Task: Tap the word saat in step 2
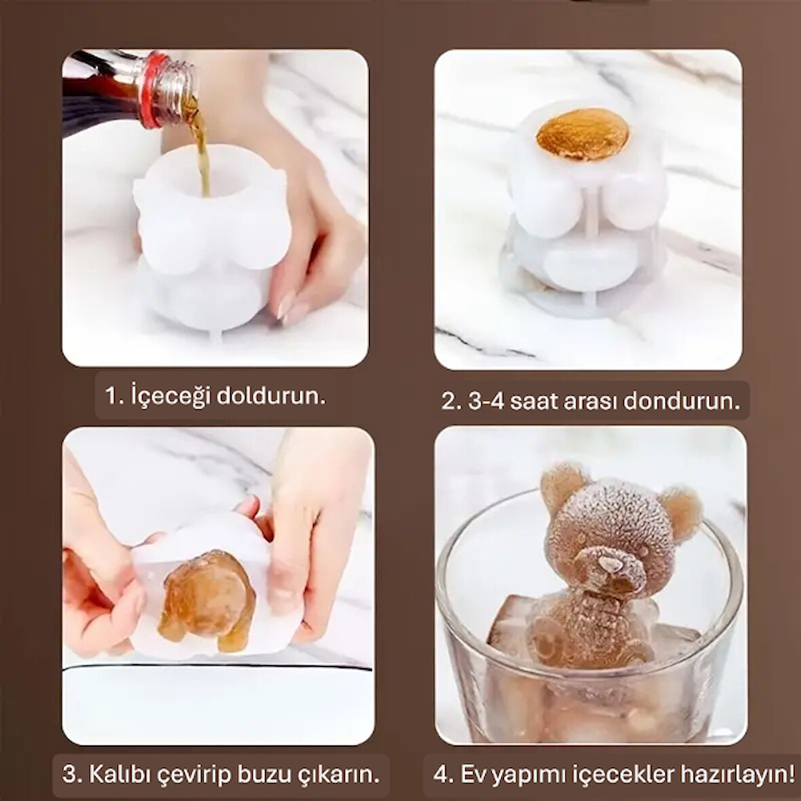(536, 401)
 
